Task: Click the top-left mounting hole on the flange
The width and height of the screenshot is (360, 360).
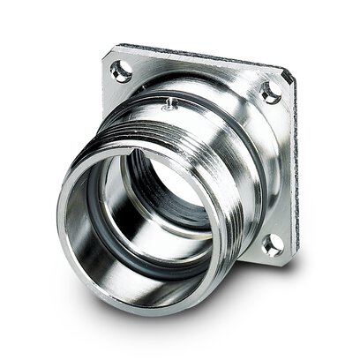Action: [x=122, y=71]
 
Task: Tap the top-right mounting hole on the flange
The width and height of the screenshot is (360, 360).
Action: [x=270, y=90]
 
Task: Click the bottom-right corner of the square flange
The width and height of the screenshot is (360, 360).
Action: [x=282, y=259]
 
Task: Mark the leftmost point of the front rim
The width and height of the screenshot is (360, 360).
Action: [x=60, y=221]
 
